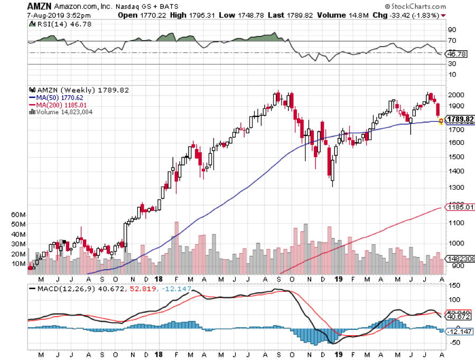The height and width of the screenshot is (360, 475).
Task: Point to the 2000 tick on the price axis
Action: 455,95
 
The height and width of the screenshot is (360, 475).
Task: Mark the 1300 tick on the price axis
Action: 455,188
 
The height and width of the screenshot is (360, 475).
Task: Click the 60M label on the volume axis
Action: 18,215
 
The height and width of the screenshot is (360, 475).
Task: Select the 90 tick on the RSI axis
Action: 452,30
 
